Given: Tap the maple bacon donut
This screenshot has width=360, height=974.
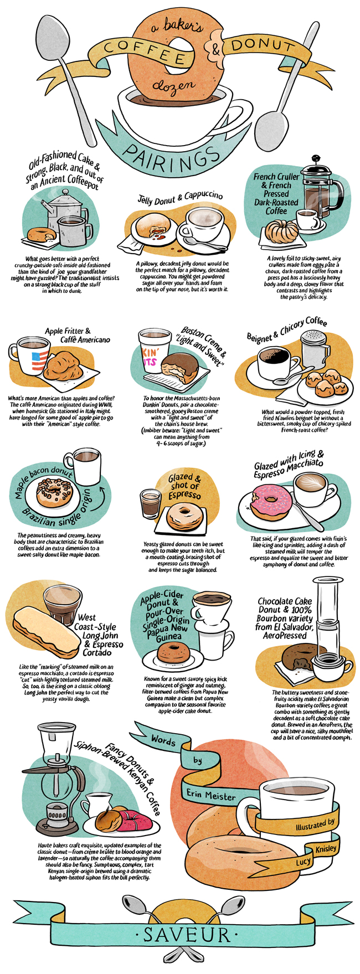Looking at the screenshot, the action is point(55,493).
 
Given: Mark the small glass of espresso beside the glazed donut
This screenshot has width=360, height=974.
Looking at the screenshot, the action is point(150,503).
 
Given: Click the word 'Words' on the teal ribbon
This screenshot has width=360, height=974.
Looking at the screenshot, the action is point(163,740).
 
